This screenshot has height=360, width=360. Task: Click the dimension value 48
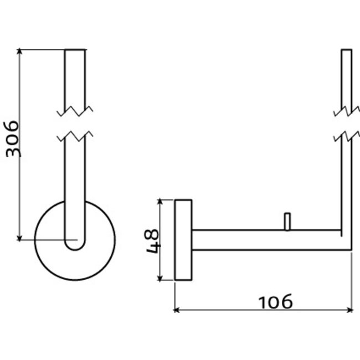click(x=153, y=240)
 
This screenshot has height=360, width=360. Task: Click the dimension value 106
click(x=275, y=302)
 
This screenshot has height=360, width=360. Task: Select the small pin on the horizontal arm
click(x=286, y=221)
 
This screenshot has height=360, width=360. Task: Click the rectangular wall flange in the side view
click(x=183, y=239)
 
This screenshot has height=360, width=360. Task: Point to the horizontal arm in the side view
click(x=266, y=240)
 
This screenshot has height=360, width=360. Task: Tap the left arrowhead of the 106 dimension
click(x=178, y=310)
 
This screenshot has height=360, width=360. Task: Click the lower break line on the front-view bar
click(x=75, y=135)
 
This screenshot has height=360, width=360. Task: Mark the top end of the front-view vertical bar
click(x=75, y=50)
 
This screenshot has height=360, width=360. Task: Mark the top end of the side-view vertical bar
click(x=346, y=50)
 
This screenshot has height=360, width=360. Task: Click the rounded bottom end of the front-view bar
click(x=75, y=247)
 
